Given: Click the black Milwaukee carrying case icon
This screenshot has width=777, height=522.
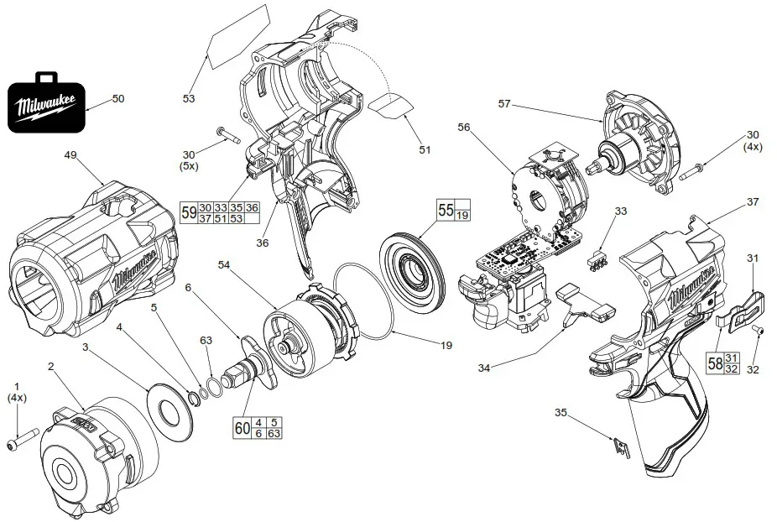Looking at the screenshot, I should click(x=46, y=104).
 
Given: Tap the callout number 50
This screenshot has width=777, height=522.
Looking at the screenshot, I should click(x=117, y=99).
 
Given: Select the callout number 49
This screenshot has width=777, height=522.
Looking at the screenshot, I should click(x=70, y=155).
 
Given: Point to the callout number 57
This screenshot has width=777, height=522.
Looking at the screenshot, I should click(x=504, y=104).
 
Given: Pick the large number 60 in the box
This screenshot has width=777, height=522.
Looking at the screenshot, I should click(x=242, y=427).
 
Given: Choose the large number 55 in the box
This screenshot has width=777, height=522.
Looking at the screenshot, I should click(x=446, y=210).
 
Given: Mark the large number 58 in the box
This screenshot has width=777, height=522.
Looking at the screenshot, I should click(x=715, y=363).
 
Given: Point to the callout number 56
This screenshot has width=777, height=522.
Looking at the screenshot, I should click(x=465, y=127).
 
